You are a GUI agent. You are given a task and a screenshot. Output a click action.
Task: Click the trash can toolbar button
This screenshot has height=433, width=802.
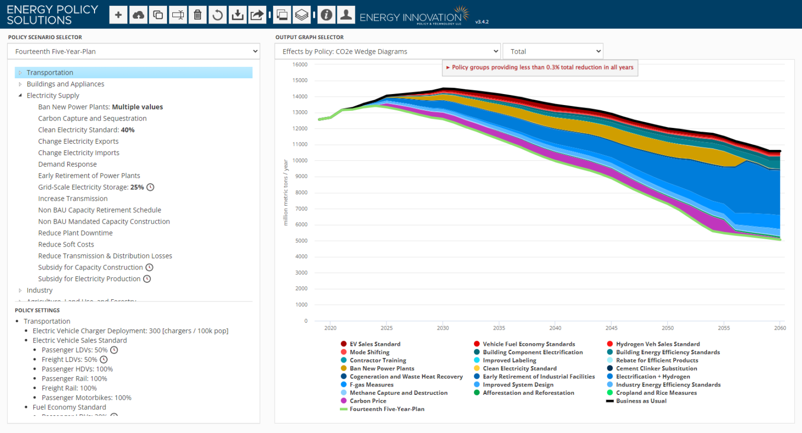pyautogui.click(x=197, y=15)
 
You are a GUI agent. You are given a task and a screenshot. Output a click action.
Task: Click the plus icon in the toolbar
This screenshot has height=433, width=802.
pyautogui.click(x=119, y=15)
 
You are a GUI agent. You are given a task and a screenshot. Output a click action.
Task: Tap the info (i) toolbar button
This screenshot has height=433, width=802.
pyautogui.click(x=326, y=15)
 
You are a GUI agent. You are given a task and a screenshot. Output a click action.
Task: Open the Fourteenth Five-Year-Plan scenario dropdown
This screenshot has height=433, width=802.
pyautogui.click(x=134, y=51)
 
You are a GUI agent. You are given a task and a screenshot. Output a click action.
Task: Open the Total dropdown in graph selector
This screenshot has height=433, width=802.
pyautogui.click(x=552, y=51)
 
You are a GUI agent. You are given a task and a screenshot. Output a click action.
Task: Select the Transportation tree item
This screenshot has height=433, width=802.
pyautogui.click(x=50, y=73)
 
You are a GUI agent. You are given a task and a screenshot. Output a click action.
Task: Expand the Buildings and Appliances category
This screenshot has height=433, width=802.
pyautogui.click(x=20, y=84)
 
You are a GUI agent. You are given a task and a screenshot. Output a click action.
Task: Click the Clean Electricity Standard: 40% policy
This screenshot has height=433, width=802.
pyautogui.click(x=86, y=130)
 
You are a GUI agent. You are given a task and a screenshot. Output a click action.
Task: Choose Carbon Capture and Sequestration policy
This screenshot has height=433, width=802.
pyautogui.click(x=92, y=119)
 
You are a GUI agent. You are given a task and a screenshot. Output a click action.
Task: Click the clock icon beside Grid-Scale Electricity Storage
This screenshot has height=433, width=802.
pyautogui.click(x=150, y=188)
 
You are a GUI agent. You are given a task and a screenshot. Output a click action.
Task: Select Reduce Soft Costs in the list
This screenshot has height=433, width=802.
pyautogui.click(x=66, y=244)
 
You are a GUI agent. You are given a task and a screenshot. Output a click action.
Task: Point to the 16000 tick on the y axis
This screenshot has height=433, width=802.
pyautogui.click(x=300, y=65)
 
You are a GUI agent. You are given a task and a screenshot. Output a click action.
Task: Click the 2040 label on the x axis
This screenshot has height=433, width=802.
pyautogui.click(x=555, y=328)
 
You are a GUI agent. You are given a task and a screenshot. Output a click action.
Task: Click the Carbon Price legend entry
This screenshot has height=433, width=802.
pyautogui.click(x=368, y=401)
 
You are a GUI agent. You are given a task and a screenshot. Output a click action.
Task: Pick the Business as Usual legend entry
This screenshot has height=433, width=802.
pyautogui.click(x=641, y=401)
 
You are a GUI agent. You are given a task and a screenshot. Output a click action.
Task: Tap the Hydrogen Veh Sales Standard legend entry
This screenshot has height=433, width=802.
pyautogui.click(x=657, y=344)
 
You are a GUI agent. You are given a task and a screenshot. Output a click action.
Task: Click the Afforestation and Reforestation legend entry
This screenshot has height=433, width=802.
pyautogui.click(x=528, y=393)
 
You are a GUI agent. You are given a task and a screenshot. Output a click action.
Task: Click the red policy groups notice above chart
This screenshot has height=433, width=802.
pyautogui.click(x=540, y=67)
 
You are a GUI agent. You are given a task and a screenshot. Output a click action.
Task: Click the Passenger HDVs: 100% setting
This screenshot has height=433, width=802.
pyautogui.click(x=77, y=369)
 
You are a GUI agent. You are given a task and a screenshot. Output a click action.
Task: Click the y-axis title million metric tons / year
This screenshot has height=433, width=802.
pyautogui.click(x=286, y=192)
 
